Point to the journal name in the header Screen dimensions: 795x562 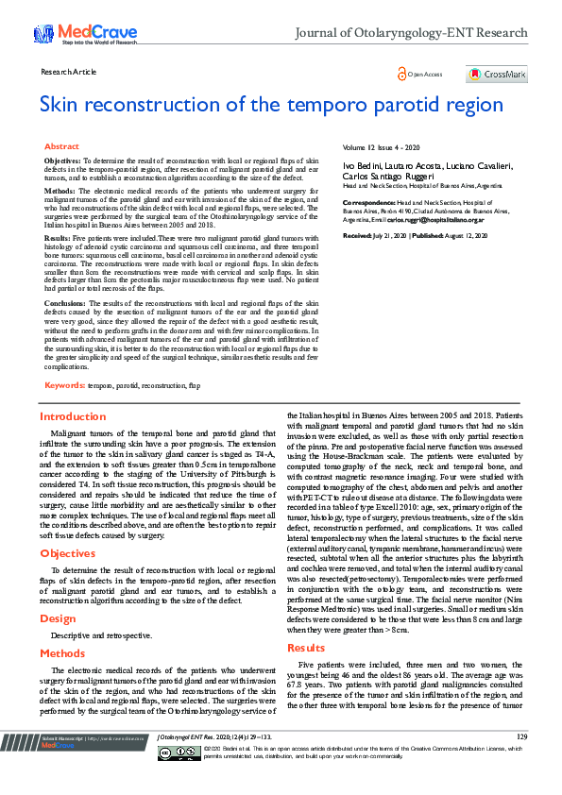(411, 33)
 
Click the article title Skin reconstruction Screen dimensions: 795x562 (271, 104)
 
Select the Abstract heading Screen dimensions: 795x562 (61, 147)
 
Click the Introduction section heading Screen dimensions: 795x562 (72, 416)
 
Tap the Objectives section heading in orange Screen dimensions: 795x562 (67, 553)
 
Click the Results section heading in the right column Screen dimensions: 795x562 (305, 621)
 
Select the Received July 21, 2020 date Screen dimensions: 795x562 (375, 234)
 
